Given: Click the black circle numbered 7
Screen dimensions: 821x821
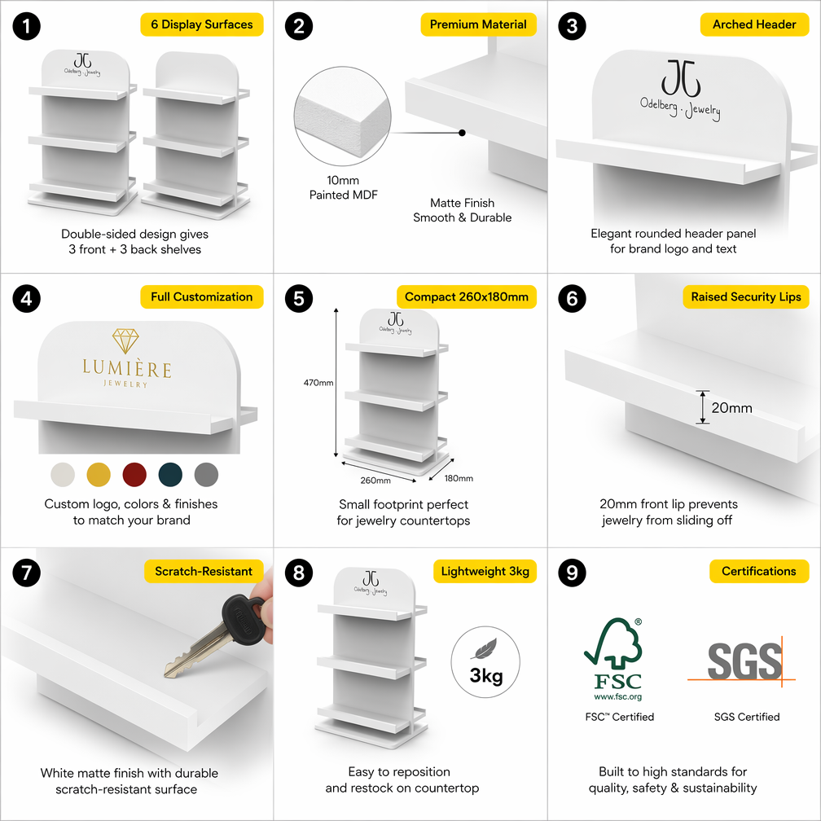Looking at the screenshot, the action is [x=26, y=573].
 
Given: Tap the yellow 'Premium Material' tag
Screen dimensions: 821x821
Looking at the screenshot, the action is [x=478, y=24].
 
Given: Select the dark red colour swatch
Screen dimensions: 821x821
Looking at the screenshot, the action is [x=134, y=474].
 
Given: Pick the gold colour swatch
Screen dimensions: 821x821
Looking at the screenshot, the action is [x=99, y=474].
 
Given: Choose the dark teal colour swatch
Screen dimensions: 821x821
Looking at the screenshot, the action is [x=170, y=474].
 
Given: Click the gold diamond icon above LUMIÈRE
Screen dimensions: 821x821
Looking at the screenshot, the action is [x=125, y=340].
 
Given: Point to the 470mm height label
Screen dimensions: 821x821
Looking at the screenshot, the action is [x=318, y=383].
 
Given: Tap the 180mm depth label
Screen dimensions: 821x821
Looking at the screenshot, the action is [x=459, y=478].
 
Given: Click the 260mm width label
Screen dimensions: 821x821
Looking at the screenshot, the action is [x=375, y=481].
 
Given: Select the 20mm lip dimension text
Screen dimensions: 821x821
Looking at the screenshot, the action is [x=731, y=408].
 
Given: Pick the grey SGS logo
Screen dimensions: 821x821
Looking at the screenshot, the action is [x=744, y=661].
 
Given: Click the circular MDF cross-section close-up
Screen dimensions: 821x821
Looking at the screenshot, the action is [x=342, y=116].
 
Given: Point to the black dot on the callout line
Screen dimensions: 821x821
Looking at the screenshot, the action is [x=462, y=133].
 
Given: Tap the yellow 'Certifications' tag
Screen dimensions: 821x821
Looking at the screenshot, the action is [x=759, y=571].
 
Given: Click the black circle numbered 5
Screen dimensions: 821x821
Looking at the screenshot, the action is [x=299, y=298].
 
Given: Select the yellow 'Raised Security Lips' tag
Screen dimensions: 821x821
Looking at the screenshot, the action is [x=745, y=296].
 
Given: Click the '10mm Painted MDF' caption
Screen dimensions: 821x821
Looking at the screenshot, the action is [x=343, y=187].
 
